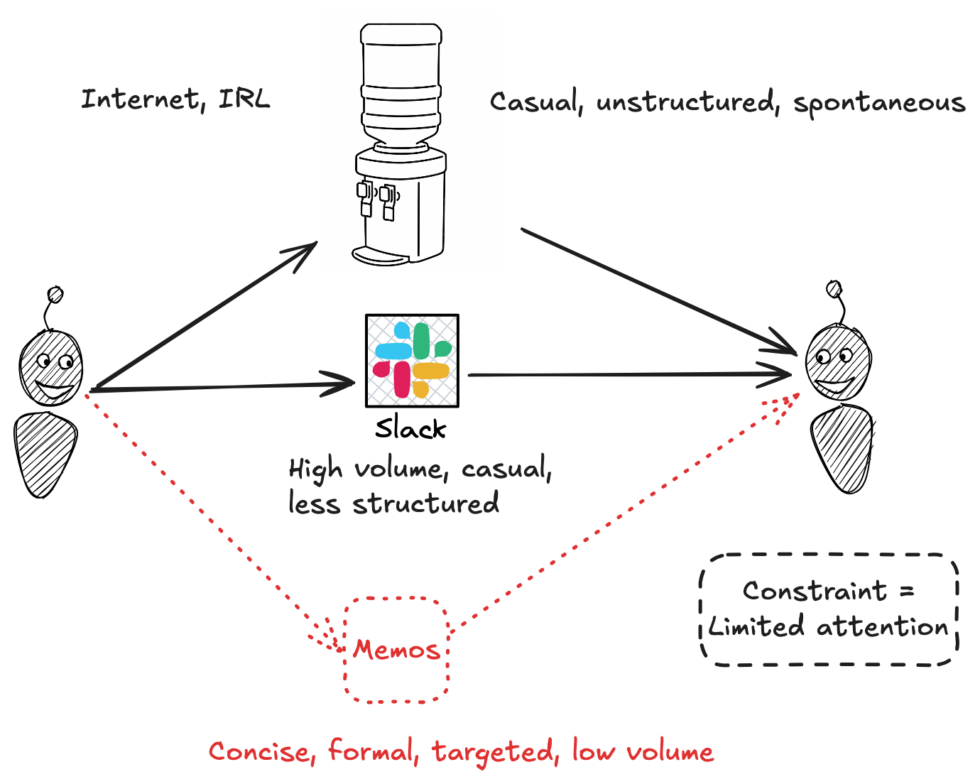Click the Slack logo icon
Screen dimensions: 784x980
click(x=412, y=361)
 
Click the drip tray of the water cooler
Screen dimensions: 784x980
click(x=379, y=254)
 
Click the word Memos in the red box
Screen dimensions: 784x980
click(x=396, y=649)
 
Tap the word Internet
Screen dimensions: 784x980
click(x=140, y=99)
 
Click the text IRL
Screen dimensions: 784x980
click(x=244, y=99)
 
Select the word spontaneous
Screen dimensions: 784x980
click(x=879, y=104)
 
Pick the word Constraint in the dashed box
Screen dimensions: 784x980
click(x=815, y=591)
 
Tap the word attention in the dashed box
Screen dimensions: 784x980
click(x=882, y=627)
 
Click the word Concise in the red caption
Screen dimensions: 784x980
click(x=258, y=752)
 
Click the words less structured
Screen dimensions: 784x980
click(x=393, y=504)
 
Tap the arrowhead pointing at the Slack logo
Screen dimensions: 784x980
click(x=347, y=384)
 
